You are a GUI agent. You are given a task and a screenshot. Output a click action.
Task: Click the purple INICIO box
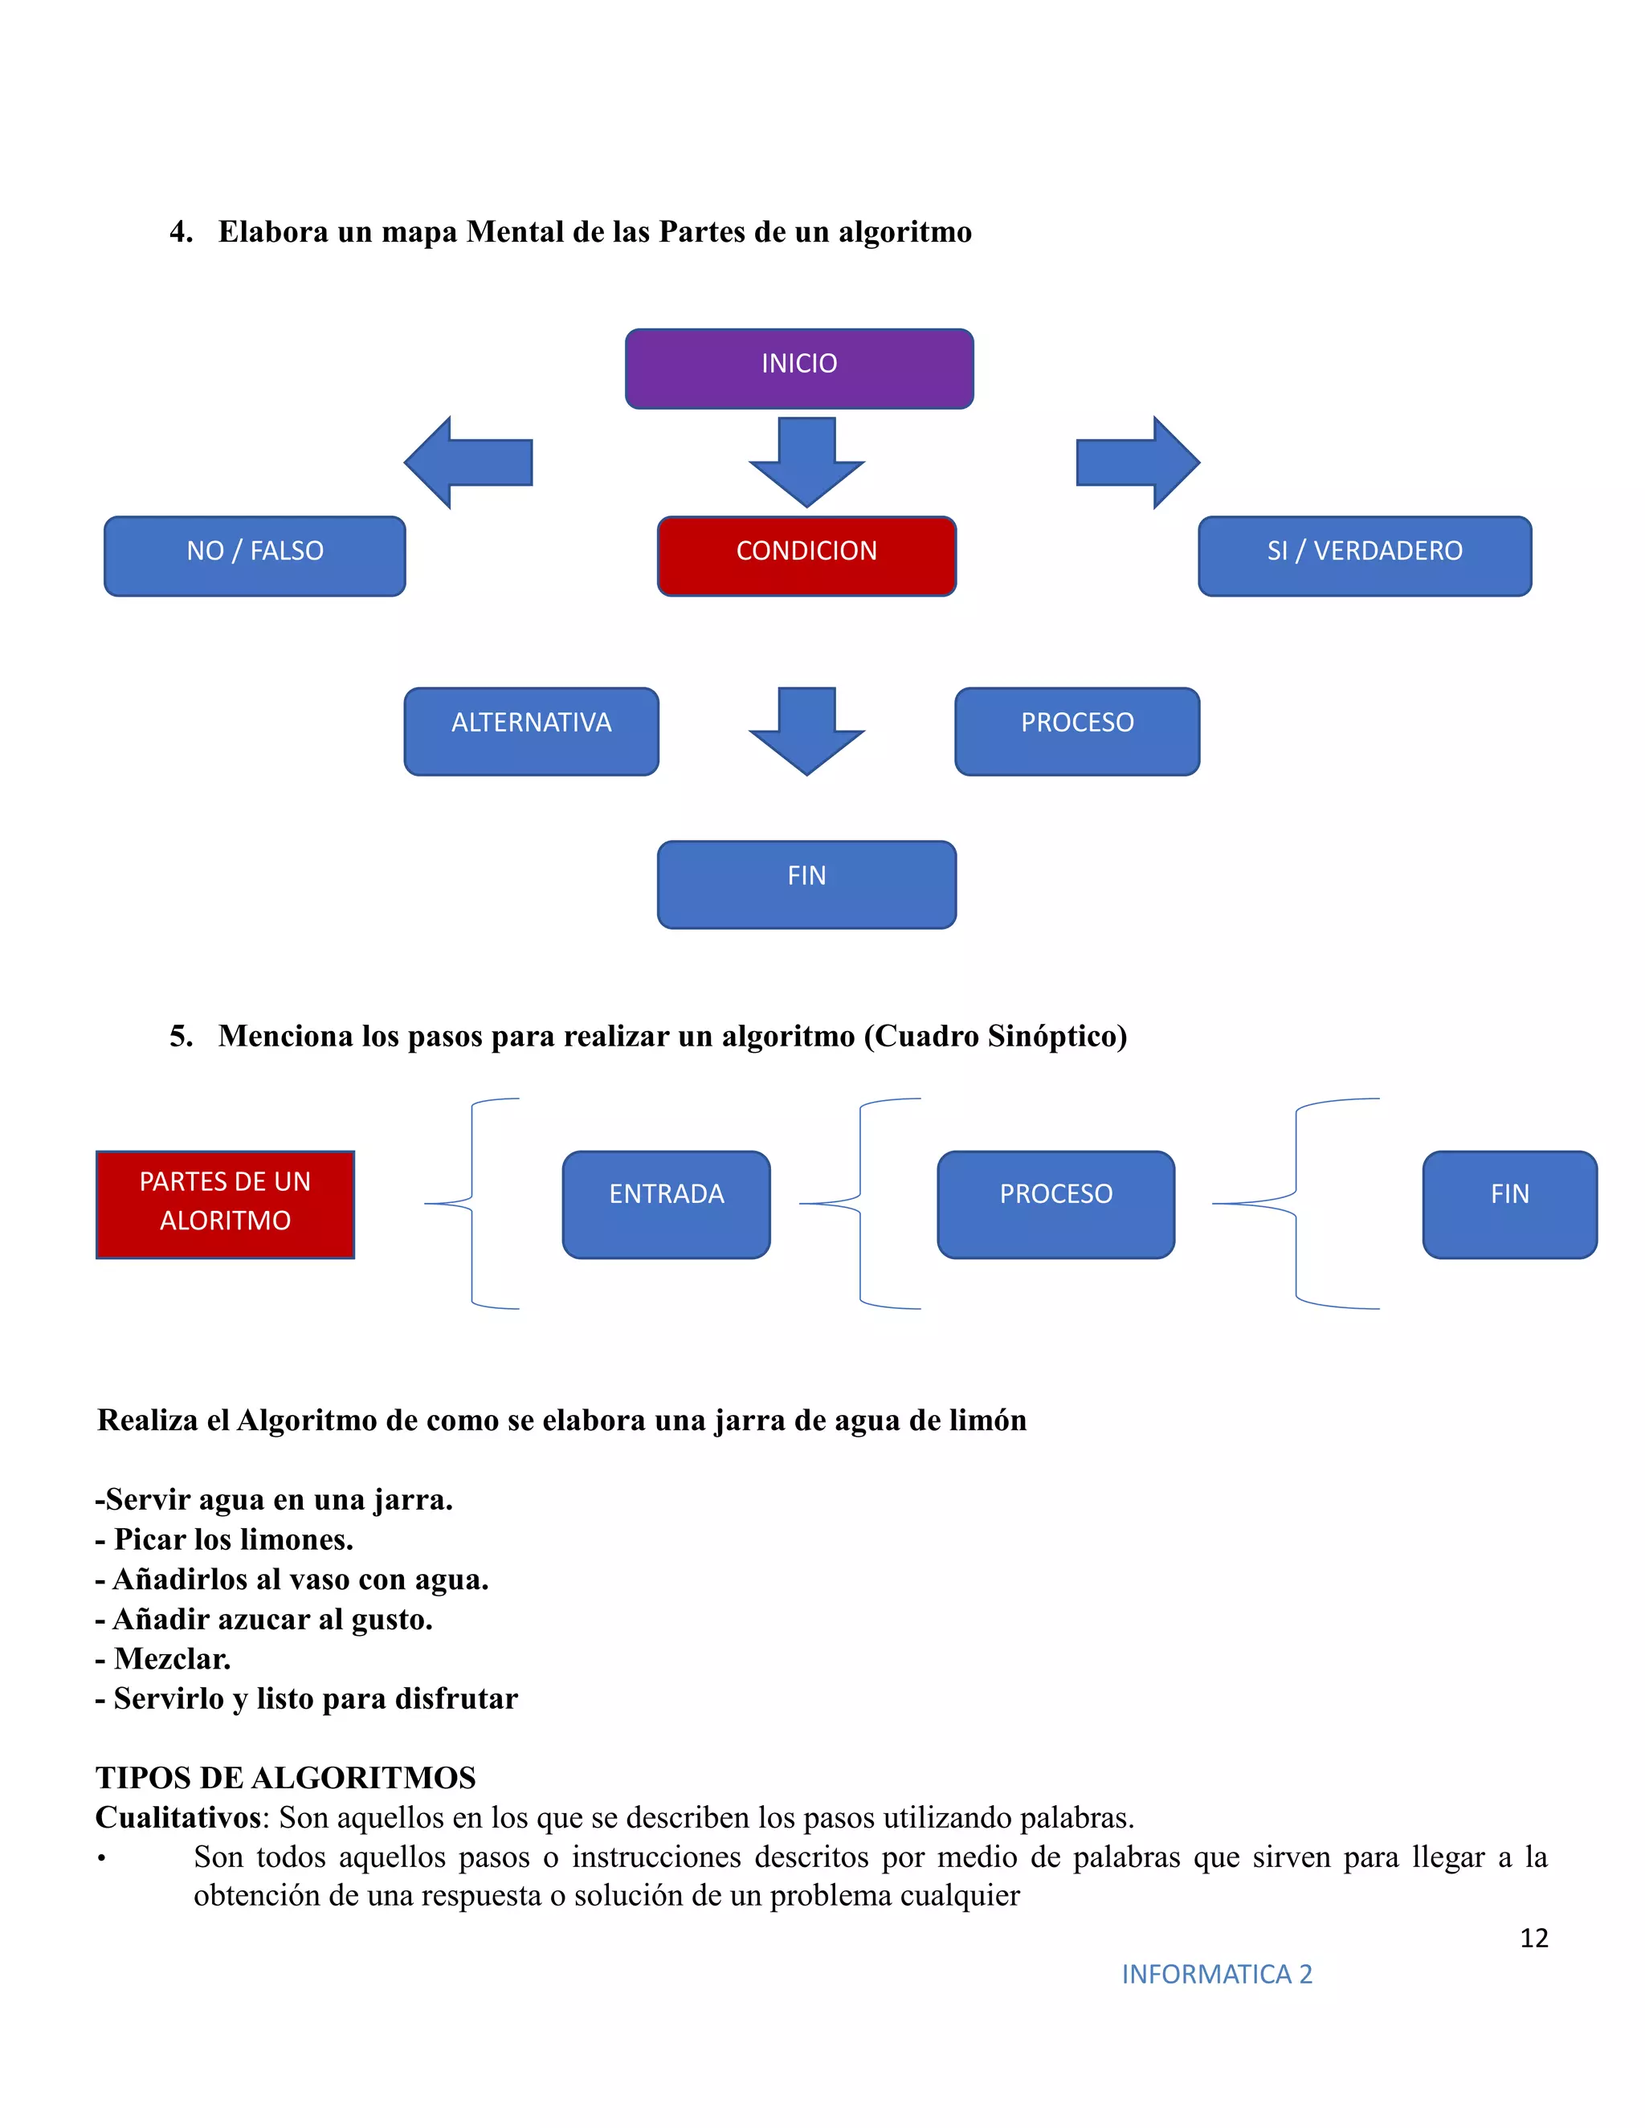click(x=799, y=369)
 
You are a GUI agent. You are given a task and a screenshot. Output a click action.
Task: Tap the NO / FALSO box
click(x=255, y=556)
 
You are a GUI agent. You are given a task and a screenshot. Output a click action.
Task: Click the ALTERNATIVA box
click(x=531, y=731)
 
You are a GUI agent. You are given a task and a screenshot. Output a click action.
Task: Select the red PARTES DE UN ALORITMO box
click(x=225, y=1205)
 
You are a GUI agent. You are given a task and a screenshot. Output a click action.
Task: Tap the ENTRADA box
click(x=666, y=1205)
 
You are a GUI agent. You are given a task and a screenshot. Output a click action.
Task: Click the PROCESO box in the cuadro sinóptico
click(x=1055, y=1205)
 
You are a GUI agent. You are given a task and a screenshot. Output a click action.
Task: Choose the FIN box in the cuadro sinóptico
click(x=1508, y=1205)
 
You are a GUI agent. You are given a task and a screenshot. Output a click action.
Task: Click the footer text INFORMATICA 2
click(x=1216, y=1974)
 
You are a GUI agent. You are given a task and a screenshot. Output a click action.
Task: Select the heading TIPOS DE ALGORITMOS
click(x=285, y=1777)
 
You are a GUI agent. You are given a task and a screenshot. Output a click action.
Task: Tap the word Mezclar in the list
click(x=173, y=1658)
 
